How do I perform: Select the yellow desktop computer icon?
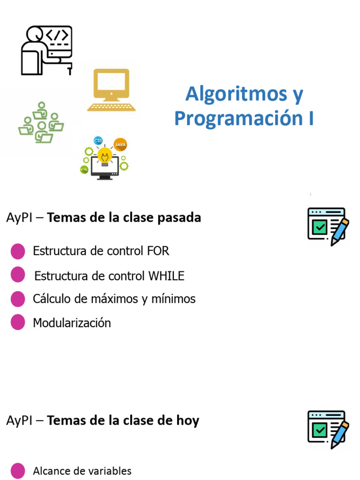111,90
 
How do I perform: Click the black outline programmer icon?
46,50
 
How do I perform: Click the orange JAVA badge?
120,145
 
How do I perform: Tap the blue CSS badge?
98,141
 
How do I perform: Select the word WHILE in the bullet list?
166,276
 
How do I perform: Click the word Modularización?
72,323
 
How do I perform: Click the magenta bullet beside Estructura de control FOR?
18,251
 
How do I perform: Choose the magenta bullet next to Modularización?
18,322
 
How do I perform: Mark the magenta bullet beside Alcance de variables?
18,471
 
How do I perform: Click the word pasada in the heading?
180,217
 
